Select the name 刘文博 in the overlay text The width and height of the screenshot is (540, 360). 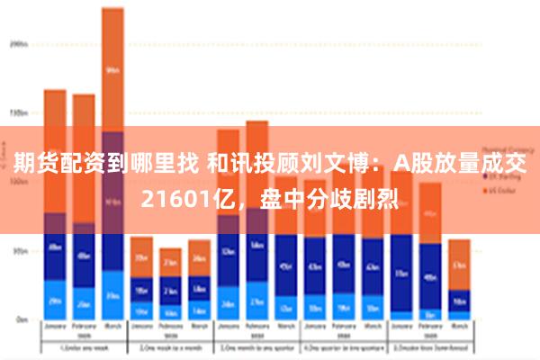pos(341,163)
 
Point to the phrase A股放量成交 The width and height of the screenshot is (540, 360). pos(458,163)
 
